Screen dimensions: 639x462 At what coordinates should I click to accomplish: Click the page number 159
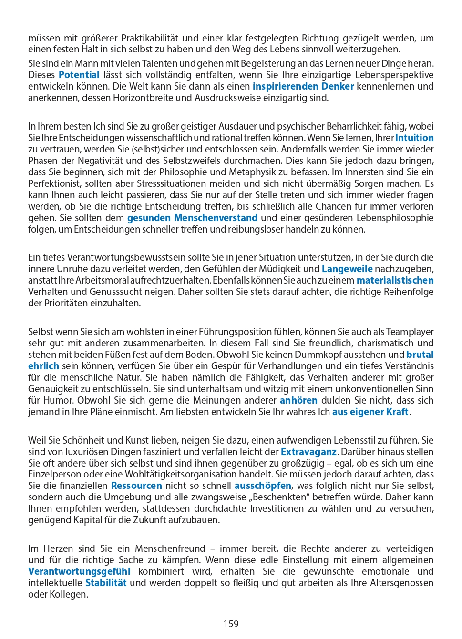pos(231,624)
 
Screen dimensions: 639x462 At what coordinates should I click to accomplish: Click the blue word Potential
pos(79,75)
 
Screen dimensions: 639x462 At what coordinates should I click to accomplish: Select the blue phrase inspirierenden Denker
pos(303,86)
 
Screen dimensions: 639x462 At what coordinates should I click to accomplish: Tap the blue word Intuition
pos(414,138)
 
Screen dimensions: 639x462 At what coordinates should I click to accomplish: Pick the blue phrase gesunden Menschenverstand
pos(192,218)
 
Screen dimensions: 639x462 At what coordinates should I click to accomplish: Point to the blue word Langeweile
pos(347,269)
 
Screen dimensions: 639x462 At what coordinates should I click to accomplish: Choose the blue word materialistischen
pos(395,280)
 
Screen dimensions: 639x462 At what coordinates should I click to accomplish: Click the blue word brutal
pos(420,355)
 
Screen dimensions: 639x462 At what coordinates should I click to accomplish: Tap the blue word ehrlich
pos(43,366)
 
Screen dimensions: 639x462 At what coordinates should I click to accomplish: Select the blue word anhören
pos(298,400)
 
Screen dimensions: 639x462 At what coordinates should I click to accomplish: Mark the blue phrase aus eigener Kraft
pos(370,412)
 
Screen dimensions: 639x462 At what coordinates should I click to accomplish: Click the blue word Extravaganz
pos(309,452)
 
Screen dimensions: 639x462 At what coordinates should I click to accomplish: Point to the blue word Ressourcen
pos(136,486)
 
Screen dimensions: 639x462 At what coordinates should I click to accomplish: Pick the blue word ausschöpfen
pos(263,486)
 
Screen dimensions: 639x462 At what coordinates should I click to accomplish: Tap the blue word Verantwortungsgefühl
pos(79,571)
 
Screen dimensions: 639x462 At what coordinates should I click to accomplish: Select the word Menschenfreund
pos(170,548)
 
